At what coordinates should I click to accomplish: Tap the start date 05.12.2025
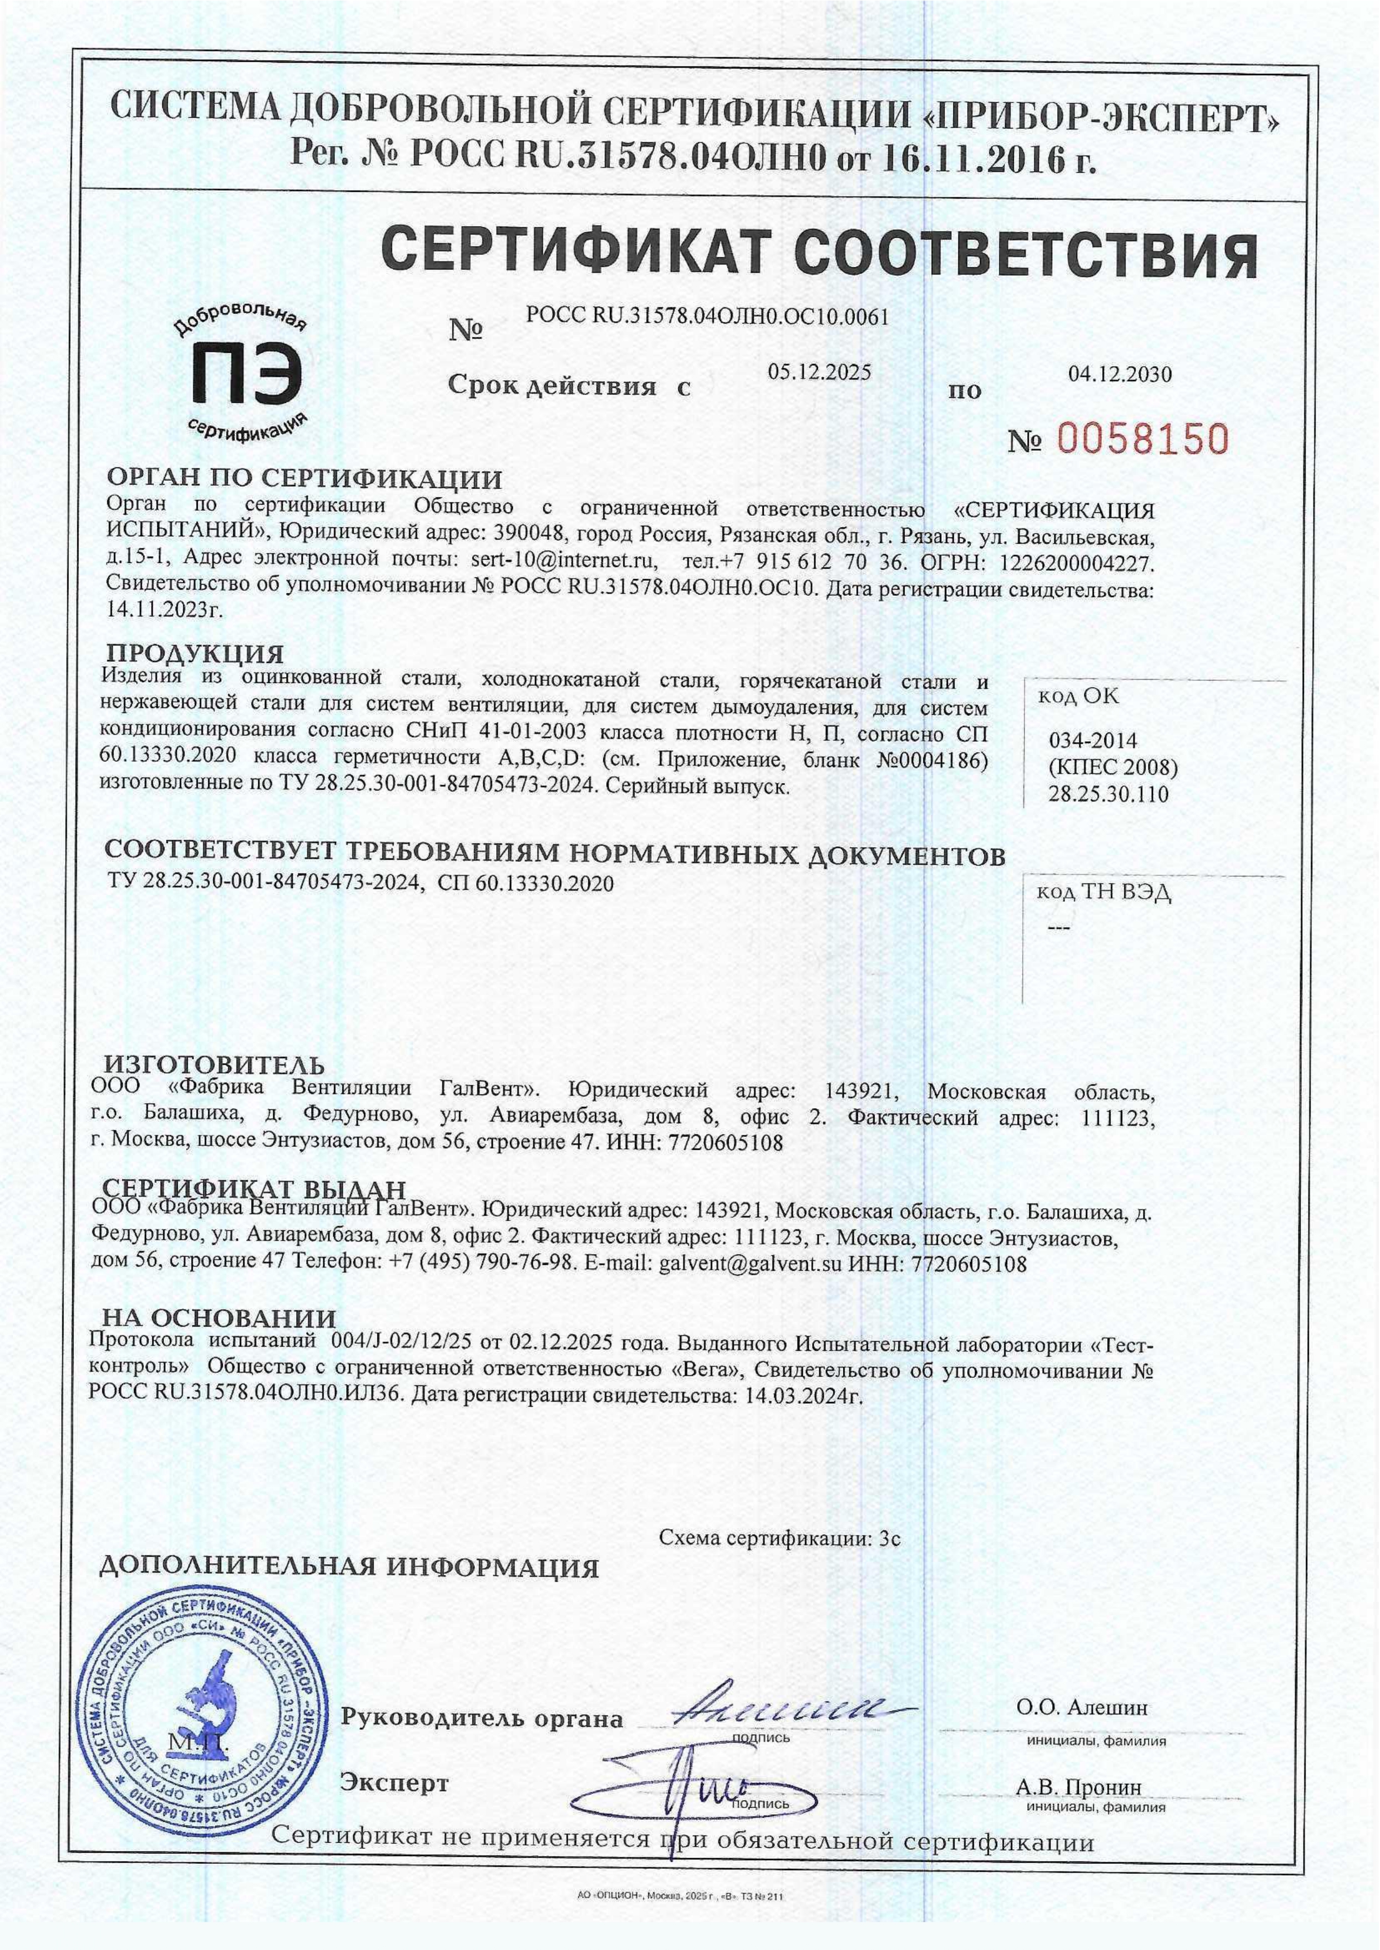click(819, 371)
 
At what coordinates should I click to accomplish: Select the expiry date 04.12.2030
click(1120, 374)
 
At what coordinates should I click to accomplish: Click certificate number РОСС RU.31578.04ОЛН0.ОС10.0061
click(707, 317)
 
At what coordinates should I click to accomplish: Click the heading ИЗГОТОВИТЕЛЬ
click(214, 1065)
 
